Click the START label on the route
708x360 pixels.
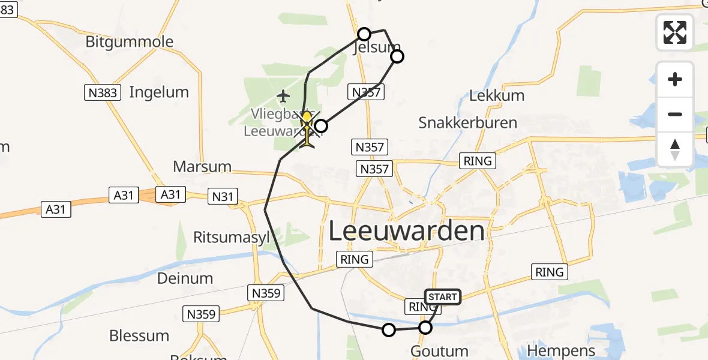pos(443,297)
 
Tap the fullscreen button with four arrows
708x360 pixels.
pos(675,32)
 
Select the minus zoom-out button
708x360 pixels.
pos(675,114)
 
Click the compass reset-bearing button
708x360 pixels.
pos(675,149)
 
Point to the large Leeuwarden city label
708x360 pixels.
pos(407,231)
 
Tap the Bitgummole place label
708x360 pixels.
pos(130,42)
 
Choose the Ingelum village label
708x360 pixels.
pos(159,92)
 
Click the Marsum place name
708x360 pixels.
pos(202,166)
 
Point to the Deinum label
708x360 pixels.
pos(185,278)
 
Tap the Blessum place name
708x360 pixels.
pos(139,335)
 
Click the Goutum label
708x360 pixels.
pos(440,351)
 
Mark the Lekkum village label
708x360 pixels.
pos(497,95)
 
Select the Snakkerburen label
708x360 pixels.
pos(468,123)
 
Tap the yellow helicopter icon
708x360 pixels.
pos(307,128)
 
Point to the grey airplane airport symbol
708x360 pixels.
pos(283,95)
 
